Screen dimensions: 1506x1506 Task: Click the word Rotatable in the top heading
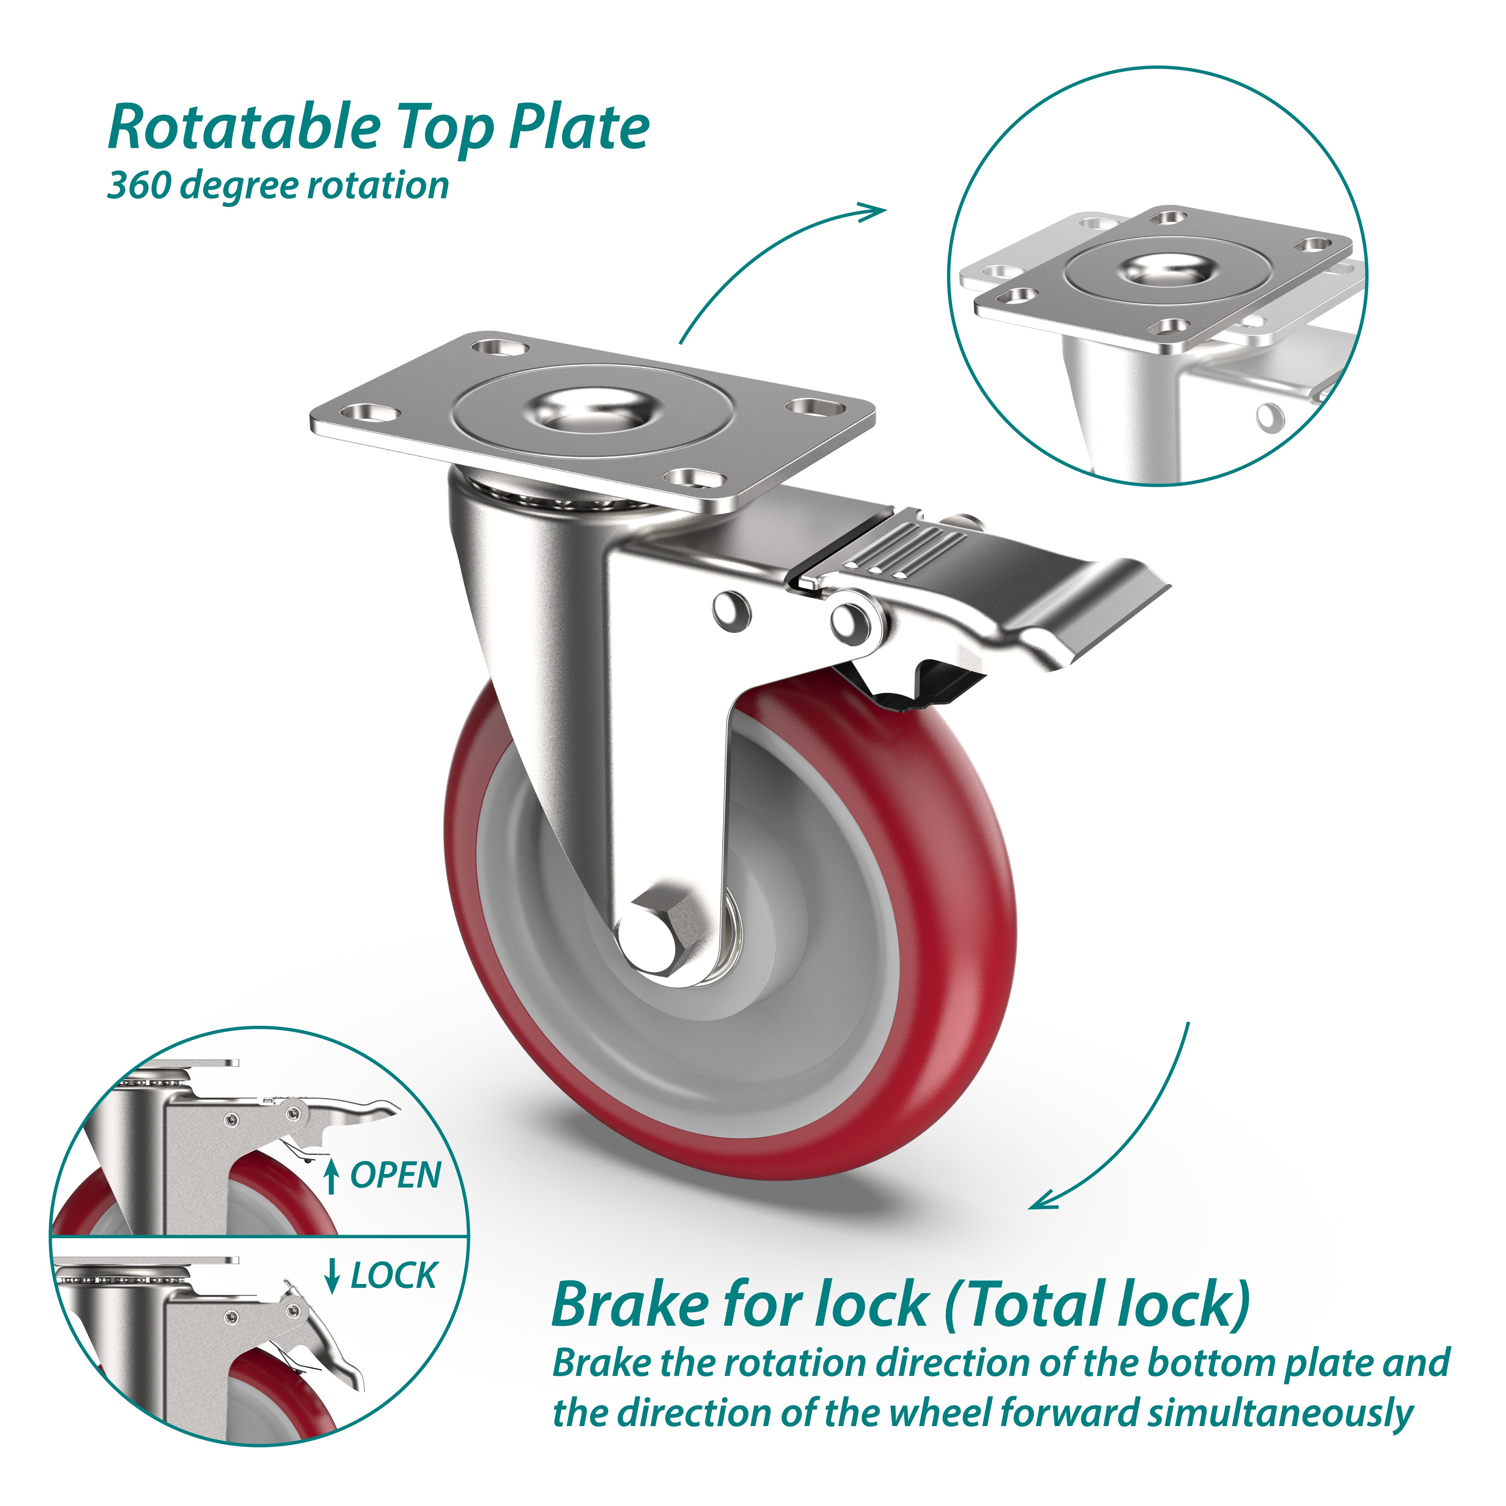tap(243, 127)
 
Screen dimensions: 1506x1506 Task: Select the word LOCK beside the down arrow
tap(393, 1276)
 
